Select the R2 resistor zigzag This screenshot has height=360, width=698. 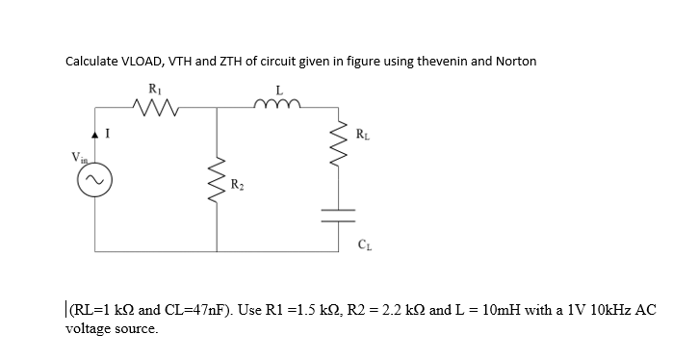pos(219,179)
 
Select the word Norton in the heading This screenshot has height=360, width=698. pos(516,61)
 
